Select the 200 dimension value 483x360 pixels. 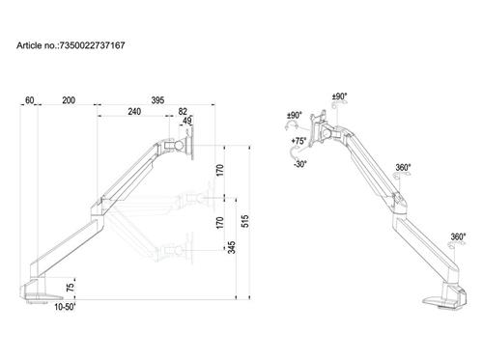(69, 99)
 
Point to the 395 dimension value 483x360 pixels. (156, 99)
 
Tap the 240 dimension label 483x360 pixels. (134, 112)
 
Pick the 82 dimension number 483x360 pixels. (183, 112)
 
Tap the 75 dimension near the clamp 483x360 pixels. (70, 288)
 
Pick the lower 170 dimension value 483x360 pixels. (221, 224)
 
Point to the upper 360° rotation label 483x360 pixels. (403, 167)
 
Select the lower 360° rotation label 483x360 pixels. (457, 236)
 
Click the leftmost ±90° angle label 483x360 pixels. (294, 116)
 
